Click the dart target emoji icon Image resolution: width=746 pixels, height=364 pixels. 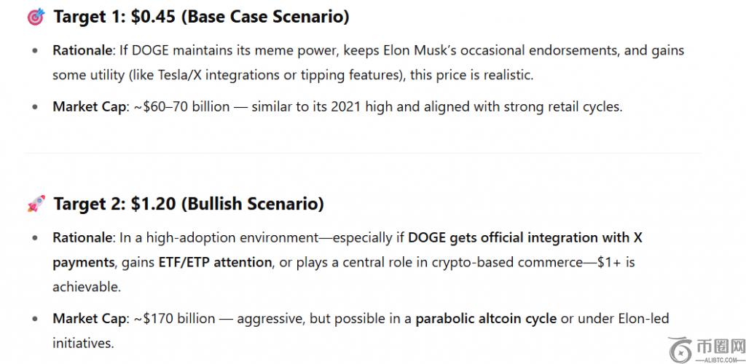[36, 17]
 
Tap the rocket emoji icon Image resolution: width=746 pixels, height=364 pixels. [36, 204]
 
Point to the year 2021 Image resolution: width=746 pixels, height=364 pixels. [346, 107]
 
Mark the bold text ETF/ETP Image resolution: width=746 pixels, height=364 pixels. [183, 262]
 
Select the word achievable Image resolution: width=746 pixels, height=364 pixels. [87, 287]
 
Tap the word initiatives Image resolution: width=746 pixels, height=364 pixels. [83, 343]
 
